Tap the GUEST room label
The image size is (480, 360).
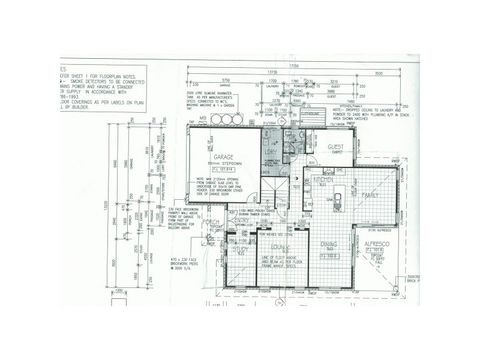335,147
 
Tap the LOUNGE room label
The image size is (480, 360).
280,247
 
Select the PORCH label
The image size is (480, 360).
209,222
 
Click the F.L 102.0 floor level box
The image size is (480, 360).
331,254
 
